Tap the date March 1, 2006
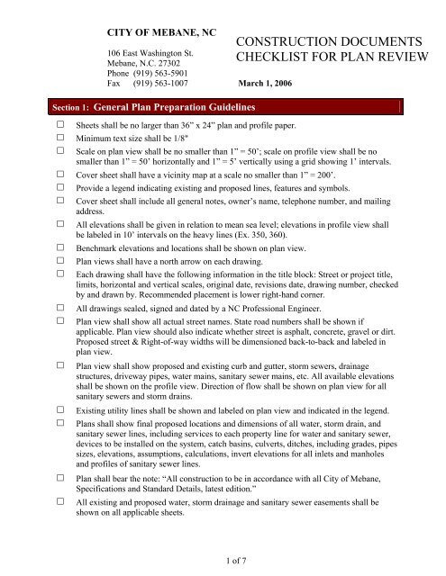[259, 87]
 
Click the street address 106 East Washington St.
[147, 54]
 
